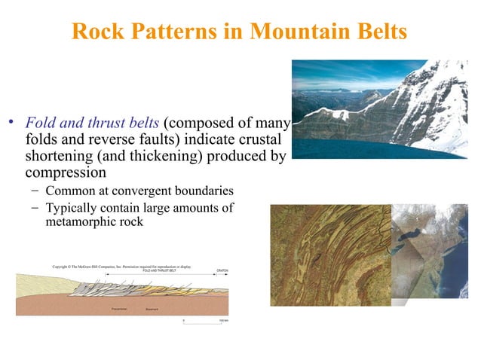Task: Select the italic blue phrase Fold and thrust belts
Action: click(93, 123)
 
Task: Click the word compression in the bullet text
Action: click(63, 172)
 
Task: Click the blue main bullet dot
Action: click(12, 124)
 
